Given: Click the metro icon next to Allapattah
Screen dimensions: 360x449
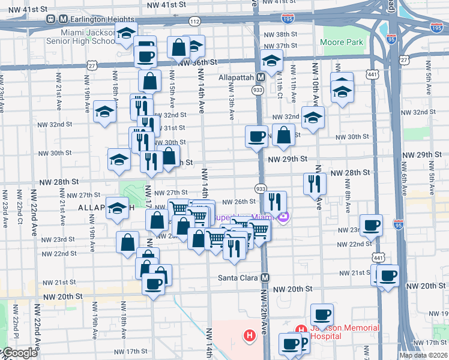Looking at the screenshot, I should coord(261,77).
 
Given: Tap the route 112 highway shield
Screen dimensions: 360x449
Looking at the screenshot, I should coord(194,21).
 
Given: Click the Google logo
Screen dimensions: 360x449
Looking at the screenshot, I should coord(19,353).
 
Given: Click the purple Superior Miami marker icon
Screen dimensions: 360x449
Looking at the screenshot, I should coord(283,217).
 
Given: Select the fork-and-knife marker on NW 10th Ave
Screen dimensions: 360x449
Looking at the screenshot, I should coord(315,183).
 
